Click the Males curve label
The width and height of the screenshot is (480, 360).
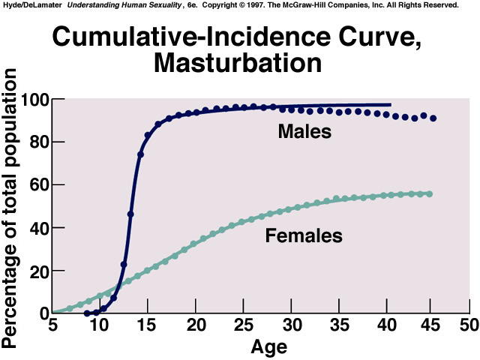pyautogui.click(x=304, y=132)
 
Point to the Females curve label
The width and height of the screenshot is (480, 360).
pyautogui.click(x=304, y=236)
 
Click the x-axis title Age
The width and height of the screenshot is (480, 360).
pyautogui.click(x=268, y=348)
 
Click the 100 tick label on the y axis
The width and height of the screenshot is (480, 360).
pyautogui.click(x=35, y=100)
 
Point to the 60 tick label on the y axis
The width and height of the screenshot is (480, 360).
pyautogui.click(x=38, y=185)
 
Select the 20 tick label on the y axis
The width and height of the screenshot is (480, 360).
pyautogui.click(x=38, y=271)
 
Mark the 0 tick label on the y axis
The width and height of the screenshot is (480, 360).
pyautogui.click(x=43, y=313)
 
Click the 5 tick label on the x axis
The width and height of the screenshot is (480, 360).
pyautogui.click(x=52, y=325)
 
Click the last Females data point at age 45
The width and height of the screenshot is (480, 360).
pyautogui.click(x=429, y=193)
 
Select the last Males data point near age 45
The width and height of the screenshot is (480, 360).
pyautogui.click(x=433, y=118)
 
